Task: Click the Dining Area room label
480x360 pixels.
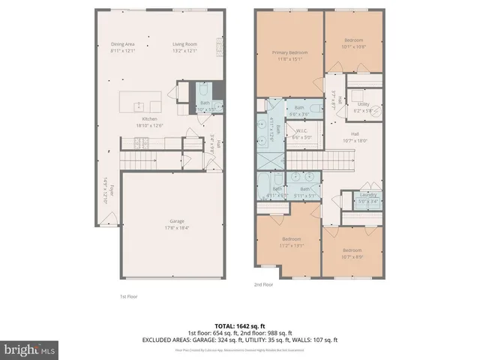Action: pos(122,43)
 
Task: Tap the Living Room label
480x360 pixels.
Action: pos(184,43)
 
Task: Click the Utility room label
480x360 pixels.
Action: pos(363,104)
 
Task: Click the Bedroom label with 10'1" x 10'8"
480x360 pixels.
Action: pos(354,40)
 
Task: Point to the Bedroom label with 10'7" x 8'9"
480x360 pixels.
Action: pos(352,250)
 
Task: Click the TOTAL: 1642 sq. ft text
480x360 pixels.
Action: pos(240,326)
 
